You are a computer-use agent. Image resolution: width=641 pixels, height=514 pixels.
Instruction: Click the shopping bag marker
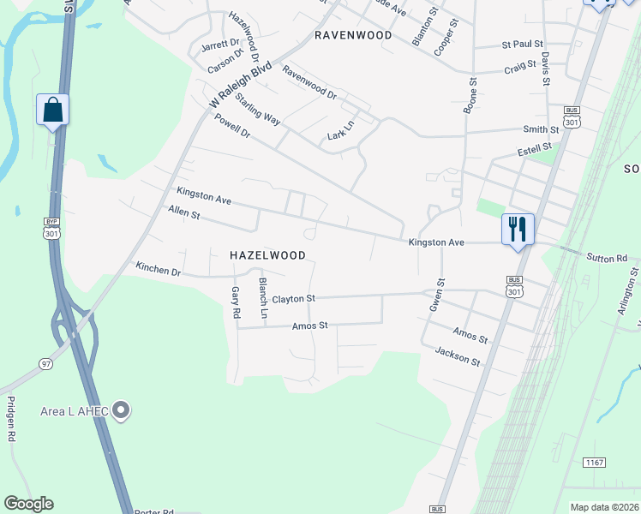coord(52,111)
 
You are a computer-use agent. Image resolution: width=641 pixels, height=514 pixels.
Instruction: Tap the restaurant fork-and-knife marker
coord(518,230)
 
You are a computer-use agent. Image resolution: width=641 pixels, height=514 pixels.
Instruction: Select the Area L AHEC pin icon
coord(121,411)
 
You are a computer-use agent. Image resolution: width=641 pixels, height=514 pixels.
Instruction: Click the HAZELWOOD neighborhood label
coord(267,255)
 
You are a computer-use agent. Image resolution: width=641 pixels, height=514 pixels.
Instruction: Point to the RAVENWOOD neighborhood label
coord(353,35)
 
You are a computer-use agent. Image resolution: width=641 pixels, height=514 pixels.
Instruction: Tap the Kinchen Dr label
coord(159,269)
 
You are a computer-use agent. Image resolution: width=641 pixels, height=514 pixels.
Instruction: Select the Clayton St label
coord(294,298)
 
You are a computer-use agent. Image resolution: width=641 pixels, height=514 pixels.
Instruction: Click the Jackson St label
coord(457,356)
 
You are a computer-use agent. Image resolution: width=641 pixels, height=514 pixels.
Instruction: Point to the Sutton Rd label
coord(607,257)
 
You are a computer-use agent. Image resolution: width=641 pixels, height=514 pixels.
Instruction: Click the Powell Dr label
coord(232,128)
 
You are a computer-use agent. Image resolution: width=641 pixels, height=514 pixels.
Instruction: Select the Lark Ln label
coord(340,130)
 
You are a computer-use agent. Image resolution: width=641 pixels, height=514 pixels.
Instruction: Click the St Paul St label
coord(522,44)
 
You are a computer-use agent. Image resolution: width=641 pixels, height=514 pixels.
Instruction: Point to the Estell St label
coord(537,152)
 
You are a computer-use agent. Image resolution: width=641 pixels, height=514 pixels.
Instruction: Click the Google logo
coord(28,504)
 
